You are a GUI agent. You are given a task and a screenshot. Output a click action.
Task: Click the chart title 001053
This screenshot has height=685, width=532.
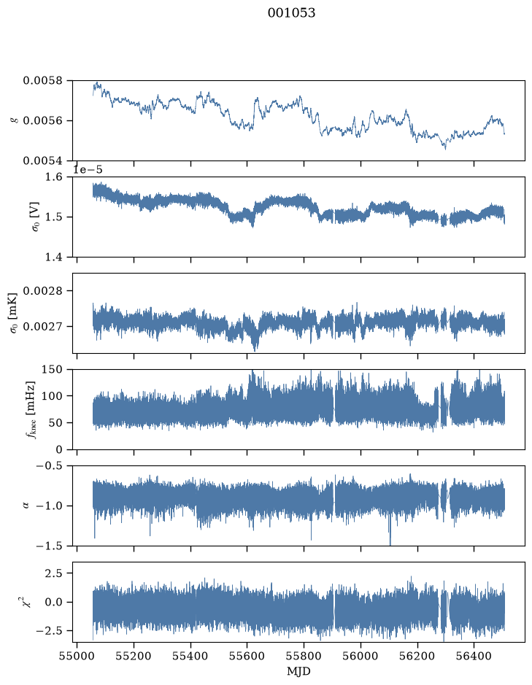pyautogui.click(x=291, y=13)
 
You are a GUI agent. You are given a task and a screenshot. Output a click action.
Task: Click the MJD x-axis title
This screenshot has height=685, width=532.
pyautogui.click(x=298, y=671)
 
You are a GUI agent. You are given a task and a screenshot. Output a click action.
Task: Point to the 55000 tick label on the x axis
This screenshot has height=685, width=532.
pyautogui.click(x=77, y=657)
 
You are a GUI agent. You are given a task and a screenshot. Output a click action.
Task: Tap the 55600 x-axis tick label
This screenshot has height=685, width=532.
pyautogui.click(x=247, y=657)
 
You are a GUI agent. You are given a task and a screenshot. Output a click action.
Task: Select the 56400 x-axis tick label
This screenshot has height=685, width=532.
pyautogui.click(x=474, y=657)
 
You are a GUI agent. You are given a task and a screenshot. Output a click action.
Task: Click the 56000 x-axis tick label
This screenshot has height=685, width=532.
pyautogui.click(x=361, y=657)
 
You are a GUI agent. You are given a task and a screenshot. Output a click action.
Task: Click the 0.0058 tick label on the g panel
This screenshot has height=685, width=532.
pyautogui.click(x=43, y=81)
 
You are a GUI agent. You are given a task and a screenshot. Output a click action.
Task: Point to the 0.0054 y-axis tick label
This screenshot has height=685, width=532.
pyautogui.click(x=43, y=160)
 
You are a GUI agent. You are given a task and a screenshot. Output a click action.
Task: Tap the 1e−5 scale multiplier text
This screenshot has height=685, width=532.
pyautogui.click(x=88, y=169)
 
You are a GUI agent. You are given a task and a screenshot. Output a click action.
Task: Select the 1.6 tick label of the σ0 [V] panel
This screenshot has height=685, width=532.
pyautogui.click(x=54, y=177)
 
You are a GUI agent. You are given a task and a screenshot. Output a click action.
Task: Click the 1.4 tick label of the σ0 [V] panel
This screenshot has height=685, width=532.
pyautogui.click(x=54, y=257)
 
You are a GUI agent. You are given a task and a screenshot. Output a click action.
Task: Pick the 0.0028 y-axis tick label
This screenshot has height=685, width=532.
pyautogui.click(x=43, y=291)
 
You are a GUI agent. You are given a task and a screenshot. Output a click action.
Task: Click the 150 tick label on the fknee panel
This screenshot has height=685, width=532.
pyautogui.click(x=52, y=370)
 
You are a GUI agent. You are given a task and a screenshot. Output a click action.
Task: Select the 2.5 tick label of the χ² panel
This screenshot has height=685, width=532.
pyautogui.click(x=54, y=573)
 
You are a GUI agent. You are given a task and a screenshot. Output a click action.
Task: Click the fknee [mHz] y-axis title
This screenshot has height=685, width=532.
pyautogui.click(x=31, y=409)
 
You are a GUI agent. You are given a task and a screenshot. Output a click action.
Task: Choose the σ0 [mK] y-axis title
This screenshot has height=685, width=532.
pyautogui.click(x=14, y=313)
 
